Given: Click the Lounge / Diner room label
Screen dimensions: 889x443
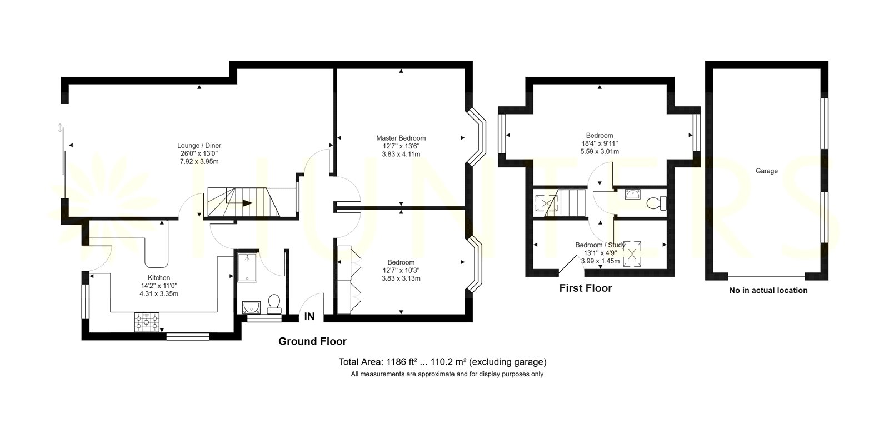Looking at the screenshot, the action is [199, 146].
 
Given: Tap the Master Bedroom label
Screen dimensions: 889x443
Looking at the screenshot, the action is [401, 138].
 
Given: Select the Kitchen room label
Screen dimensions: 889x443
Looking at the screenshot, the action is [159, 278].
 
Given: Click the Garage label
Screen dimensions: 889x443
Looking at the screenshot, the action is [766, 171].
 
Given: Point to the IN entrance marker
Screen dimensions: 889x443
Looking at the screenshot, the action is [309, 316].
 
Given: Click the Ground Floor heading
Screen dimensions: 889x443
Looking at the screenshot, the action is [312, 341].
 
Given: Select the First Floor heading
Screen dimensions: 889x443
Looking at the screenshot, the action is [586, 288].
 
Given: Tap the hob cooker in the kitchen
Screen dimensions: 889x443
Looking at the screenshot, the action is [147, 322].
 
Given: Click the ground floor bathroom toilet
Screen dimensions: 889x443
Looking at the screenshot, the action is [274, 304].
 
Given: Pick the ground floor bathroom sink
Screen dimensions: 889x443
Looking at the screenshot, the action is [251, 307].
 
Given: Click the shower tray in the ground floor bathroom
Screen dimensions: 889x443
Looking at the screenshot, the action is [247, 267].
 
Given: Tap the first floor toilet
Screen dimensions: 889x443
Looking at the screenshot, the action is [656, 203].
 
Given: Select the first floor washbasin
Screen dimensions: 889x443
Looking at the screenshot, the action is [632, 194].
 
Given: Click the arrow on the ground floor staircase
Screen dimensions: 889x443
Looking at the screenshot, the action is [239, 203].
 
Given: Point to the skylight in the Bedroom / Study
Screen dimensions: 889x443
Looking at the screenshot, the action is [632, 254].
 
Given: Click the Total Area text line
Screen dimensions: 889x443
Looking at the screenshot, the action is [442, 362].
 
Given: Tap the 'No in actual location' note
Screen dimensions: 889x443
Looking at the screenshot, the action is [768, 291].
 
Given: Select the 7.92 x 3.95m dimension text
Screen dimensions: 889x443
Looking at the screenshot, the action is [199, 162].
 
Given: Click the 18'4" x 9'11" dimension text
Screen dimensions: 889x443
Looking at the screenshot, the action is [600, 143].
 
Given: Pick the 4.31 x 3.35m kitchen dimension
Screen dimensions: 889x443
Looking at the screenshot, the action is [159, 294].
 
